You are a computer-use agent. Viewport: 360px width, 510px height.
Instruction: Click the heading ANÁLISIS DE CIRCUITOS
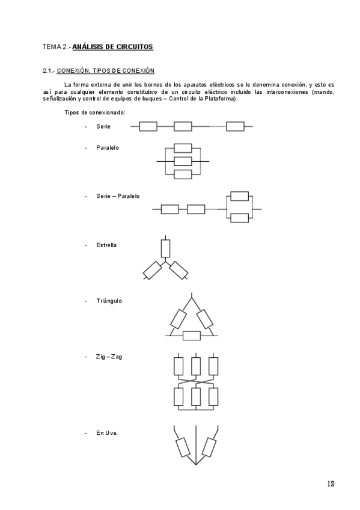click(112, 46)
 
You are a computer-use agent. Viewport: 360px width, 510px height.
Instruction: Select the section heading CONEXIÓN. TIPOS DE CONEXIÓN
click(105, 71)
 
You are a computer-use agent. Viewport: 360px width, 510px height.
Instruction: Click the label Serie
click(103, 126)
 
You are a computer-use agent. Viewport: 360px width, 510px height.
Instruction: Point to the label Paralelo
click(108, 147)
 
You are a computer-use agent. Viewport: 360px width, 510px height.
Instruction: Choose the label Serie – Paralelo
click(118, 196)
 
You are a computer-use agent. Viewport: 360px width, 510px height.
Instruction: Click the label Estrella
click(106, 245)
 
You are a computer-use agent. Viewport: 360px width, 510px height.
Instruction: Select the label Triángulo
click(109, 301)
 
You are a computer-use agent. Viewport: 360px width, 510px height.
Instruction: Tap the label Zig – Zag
click(109, 357)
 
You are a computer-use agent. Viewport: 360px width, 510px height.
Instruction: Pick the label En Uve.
click(107, 432)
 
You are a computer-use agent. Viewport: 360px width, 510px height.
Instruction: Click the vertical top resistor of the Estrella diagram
click(165, 248)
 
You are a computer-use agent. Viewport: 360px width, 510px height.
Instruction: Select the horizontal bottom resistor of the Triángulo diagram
click(191, 335)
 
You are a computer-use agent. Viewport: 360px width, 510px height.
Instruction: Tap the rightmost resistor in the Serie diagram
click(235, 126)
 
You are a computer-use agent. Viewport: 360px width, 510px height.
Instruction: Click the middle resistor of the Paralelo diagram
click(182, 161)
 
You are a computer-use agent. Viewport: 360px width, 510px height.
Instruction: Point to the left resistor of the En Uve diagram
click(182, 447)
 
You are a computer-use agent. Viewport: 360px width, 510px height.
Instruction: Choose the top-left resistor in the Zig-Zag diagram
click(178, 366)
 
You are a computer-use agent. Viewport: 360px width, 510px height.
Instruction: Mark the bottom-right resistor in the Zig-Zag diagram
click(213, 396)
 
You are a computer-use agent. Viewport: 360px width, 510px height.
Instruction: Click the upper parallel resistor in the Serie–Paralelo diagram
click(239, 196)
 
